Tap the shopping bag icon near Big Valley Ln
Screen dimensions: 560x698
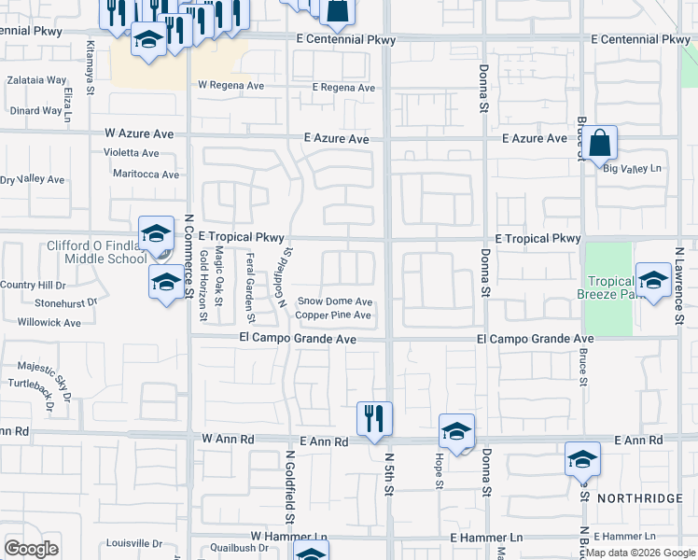tap(602, 145)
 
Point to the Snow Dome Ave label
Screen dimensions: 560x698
tap(335, 301)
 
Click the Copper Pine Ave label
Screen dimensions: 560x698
tap(333, 315)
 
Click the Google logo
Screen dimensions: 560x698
tap(31, 549)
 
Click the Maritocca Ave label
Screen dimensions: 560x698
tap(145, 175)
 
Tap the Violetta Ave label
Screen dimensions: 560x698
tap(132, 153)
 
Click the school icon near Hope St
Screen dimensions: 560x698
tap(457, 431)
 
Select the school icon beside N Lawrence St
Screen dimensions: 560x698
tap(653, 279)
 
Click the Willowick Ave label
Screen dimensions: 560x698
tap(49, 323)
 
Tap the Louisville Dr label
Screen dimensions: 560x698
tap(134, 543)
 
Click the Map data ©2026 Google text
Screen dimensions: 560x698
tap(638, 553)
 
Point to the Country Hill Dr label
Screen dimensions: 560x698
tap(33, 285)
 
